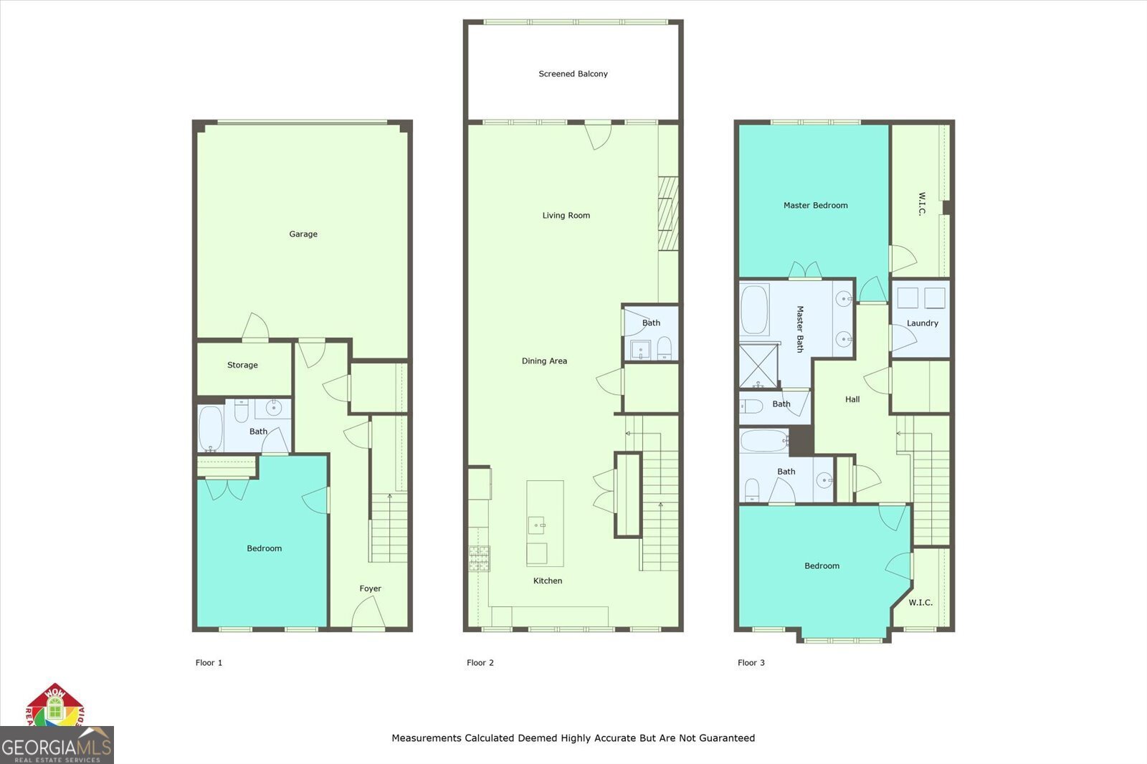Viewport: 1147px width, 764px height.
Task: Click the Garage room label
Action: click(303, 234)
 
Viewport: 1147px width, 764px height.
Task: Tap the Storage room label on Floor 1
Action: click(242, 365)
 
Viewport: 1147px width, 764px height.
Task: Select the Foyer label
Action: click(370, 588)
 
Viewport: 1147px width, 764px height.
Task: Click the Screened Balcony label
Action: click(573, 74)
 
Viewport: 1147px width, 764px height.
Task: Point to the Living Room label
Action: click(566, 215)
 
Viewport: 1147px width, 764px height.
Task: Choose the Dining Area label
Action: click(544, 361)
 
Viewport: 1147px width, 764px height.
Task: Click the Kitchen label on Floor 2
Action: click(548, 581)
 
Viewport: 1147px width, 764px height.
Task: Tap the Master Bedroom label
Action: click(815, 205)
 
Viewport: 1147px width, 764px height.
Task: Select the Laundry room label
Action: click(922, 323)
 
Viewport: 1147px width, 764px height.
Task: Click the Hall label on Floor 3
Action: click(852, 399)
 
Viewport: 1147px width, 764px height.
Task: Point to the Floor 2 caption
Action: click(480, 663)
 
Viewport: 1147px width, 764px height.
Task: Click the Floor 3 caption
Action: click(751, 663)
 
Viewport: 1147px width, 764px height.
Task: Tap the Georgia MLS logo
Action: click(56, 746)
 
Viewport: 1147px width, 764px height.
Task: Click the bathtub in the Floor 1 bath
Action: click(211, 429)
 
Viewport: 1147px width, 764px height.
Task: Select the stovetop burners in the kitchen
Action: click(480, 558)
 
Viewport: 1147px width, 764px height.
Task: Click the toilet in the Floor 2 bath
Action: click(664, 348)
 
